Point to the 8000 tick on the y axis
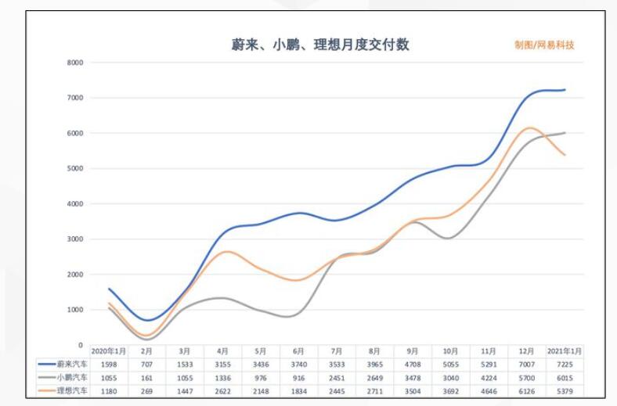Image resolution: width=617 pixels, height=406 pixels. pyautogui.click(x=76, y=63)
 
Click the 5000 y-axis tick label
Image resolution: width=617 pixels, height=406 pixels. pyautogui.click(x=76, y=169)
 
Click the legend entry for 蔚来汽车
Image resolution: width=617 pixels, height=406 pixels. pyautogui.click(x=63, y=364)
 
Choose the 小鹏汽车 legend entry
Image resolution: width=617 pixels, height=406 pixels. pyautogui.click(x=63, y=376)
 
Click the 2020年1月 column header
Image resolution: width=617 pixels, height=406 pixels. pyautogui.click(x=109, y=351)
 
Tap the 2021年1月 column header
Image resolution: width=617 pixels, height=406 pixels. pyautogui.click(x=565, y=351)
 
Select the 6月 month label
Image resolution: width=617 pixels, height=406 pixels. pyautogui.click(x=298, y=351)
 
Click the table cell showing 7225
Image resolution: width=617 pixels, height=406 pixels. pyautogui.click(x=565, y=364)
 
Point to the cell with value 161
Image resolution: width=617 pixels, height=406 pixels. pyautogui.click(x=146, y=376)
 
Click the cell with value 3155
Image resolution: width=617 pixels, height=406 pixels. pyautogui.click(x=222, y=364)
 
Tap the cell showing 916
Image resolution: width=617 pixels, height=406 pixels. pyautogui.click(x=298, y=376)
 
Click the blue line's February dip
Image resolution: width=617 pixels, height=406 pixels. pyautogui.click(x=147, y=320)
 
